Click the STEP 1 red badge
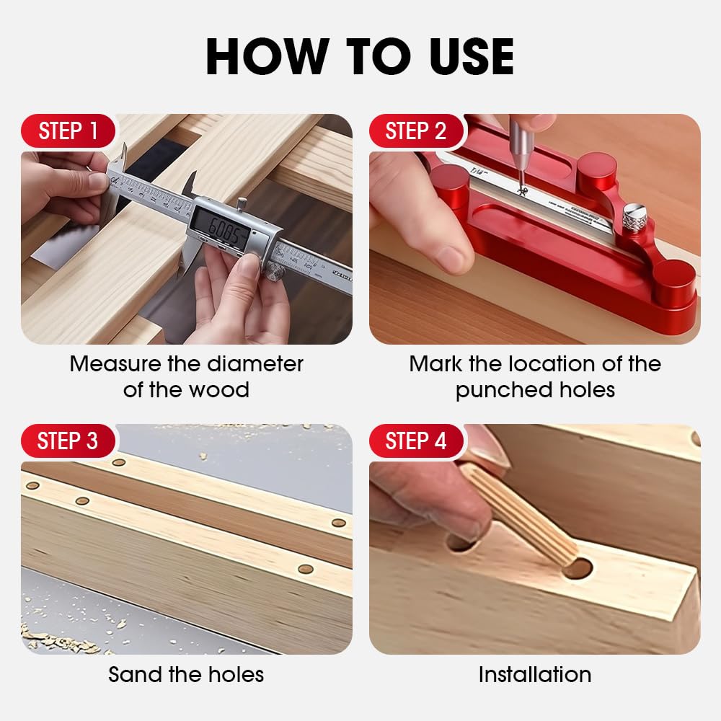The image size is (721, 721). click(68, 131)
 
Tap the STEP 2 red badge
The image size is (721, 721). click(415, 131)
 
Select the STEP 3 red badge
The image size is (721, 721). click(68, 441)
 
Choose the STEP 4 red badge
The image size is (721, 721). click(415, 441)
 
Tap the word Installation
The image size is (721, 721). click(534, 675)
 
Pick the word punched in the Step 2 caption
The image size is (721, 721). click(497, 390)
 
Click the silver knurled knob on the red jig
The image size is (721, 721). click(635, 216)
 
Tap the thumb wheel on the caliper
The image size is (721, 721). click(274, 272)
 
